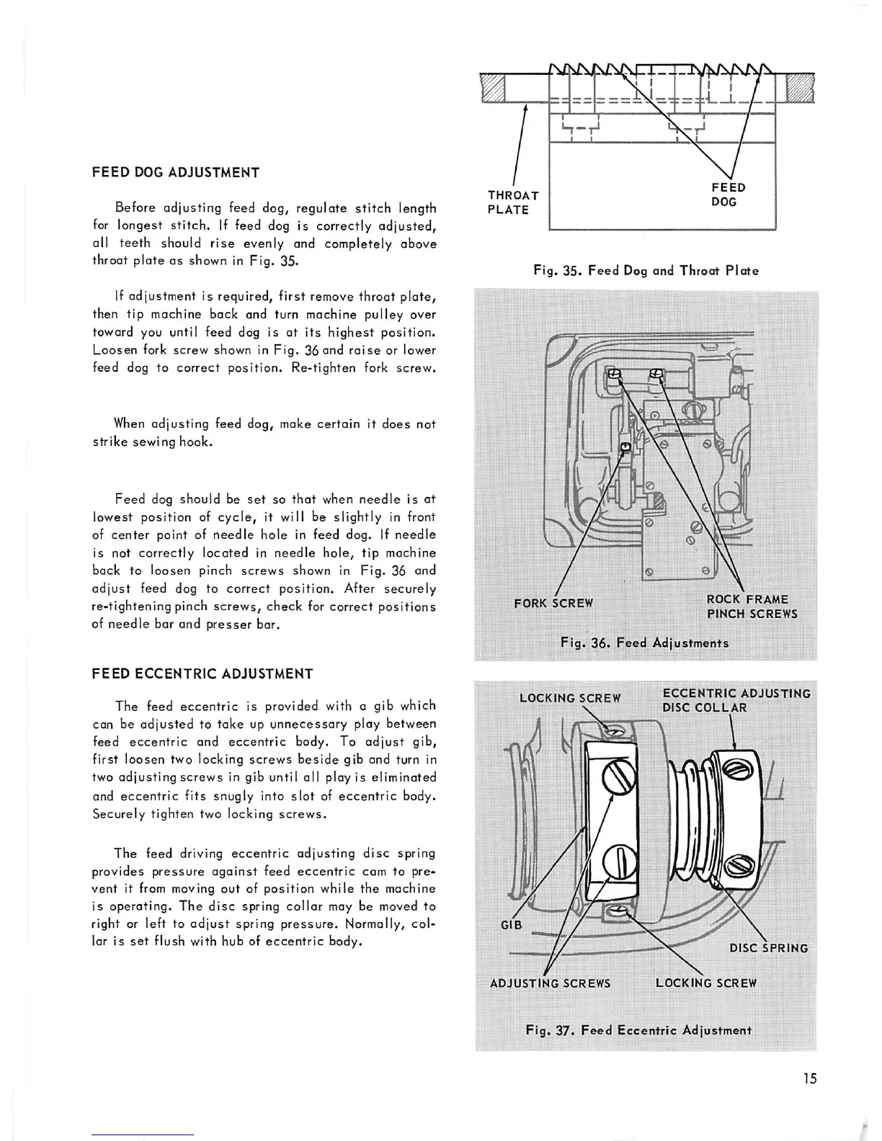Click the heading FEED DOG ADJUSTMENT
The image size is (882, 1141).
(x=176, y=173)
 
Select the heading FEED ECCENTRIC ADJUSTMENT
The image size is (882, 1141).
(x=202, y=674)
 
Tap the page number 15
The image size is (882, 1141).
(x=810, y=1078)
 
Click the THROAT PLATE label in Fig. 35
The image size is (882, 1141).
(x=512, y=202)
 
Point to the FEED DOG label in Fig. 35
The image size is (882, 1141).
(x=728, y=194)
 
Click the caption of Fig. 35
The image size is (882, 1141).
(x=646, y=271)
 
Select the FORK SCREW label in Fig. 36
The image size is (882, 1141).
(x=553, y=603)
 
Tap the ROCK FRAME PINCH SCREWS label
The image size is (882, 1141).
(x=752, y=607)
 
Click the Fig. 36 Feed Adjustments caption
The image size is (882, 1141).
(x=644, y=643)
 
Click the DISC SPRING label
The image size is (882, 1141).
(x=768, y=948)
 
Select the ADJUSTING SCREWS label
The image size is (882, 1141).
(x=550, y=983)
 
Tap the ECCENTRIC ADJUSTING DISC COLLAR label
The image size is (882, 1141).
(x=736, y=700)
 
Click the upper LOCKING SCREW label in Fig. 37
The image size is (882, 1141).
(x=569, y=698)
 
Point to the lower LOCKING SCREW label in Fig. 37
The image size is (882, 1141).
(x=706, y=983)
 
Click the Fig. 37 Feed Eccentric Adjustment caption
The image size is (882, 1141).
(x=638, y=1030)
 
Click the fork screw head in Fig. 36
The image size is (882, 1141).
(x=625, y=447)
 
